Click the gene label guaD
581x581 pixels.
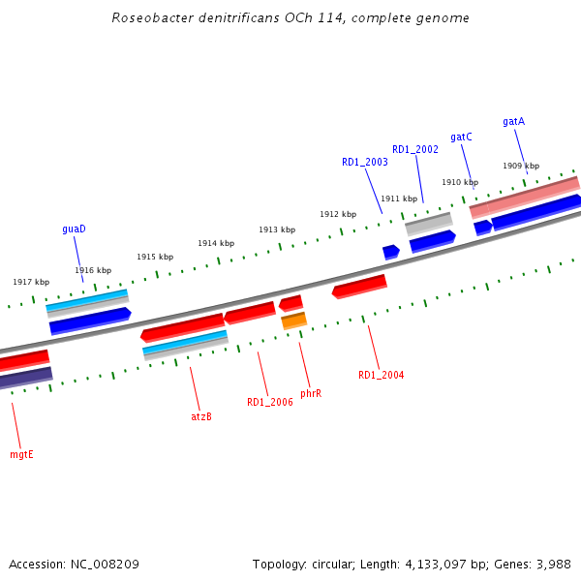(x=75, y=229)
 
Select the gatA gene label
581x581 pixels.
(x=513, y=122)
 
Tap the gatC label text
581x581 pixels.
(x=461, y=138)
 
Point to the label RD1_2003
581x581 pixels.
(x=364, y=162)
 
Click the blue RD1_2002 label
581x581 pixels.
(x=414, y=150)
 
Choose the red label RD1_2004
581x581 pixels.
(x=381, y=375)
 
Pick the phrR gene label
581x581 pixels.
(x=311, y=394)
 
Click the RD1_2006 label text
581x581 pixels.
(x=269, y=402)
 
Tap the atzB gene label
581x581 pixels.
(x=200, y=416)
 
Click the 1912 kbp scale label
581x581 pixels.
(x=338, y=214)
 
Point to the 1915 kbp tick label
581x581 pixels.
(x=155, y=257)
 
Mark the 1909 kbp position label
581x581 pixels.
(x=521, y=167)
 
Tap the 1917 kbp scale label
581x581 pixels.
(x=31, y=282)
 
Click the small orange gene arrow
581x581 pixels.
(x=293, y=320)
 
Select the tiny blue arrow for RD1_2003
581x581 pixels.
(x=390, y=252)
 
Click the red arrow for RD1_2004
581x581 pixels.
(x=359, y=286)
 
